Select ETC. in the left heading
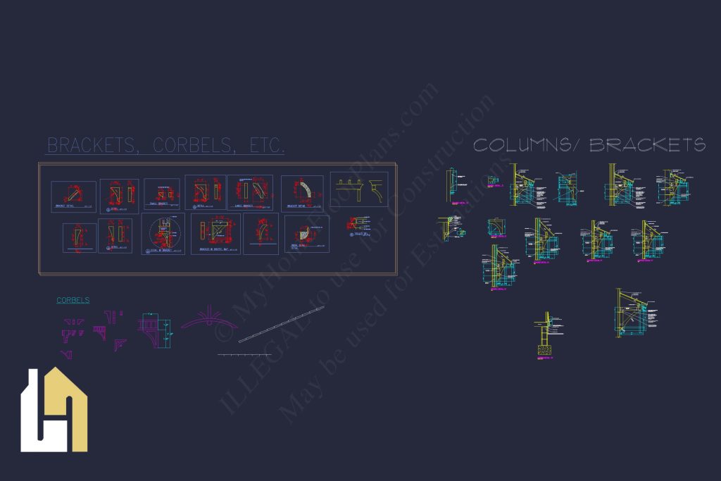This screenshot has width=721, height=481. click(x=268, y=146)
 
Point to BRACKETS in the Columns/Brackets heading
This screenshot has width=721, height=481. click(x=647, y=145)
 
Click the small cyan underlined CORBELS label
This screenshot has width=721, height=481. click(x=73, y=300)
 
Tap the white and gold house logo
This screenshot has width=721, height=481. click(x=54, y=410)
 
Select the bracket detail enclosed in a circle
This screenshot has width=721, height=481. click(x=163, y=233)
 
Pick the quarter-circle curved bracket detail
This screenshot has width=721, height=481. click(x=303, y=192)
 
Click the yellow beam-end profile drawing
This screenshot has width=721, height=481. click(x=360, y=189)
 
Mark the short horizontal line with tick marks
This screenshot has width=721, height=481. click(x=244, y=354)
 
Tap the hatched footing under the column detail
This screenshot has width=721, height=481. click(x=543, y=349)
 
